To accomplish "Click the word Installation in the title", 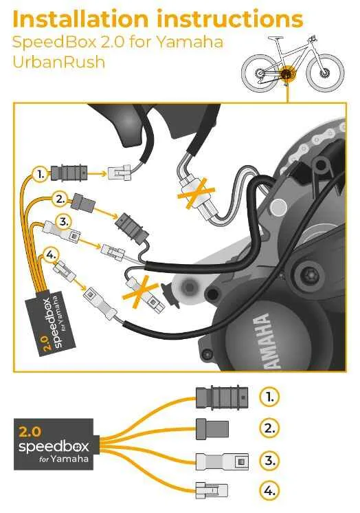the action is tap(80, 19).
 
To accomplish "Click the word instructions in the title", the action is tap(230, 19).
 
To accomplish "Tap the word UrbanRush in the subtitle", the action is tap(59, 62).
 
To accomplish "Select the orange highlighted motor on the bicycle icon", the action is tap(288, 74).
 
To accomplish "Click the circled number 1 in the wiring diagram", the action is tap(41, 175).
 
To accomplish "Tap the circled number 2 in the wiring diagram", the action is tap(60, 199).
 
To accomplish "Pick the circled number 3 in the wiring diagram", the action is tap(63, 222).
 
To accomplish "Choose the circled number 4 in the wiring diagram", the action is tap(50, 255).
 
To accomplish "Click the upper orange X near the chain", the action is tap(196, 193).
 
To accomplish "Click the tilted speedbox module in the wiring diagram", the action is tap(51, 323).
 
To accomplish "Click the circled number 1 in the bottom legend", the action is tap(269, 397).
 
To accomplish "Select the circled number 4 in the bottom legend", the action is tap(269, 491).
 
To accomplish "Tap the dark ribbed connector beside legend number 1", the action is tap(222, 397).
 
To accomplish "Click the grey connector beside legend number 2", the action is tap(212, 429).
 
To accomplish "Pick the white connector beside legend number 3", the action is tap(222, 461).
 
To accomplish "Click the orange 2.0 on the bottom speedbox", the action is tap(30, 432).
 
